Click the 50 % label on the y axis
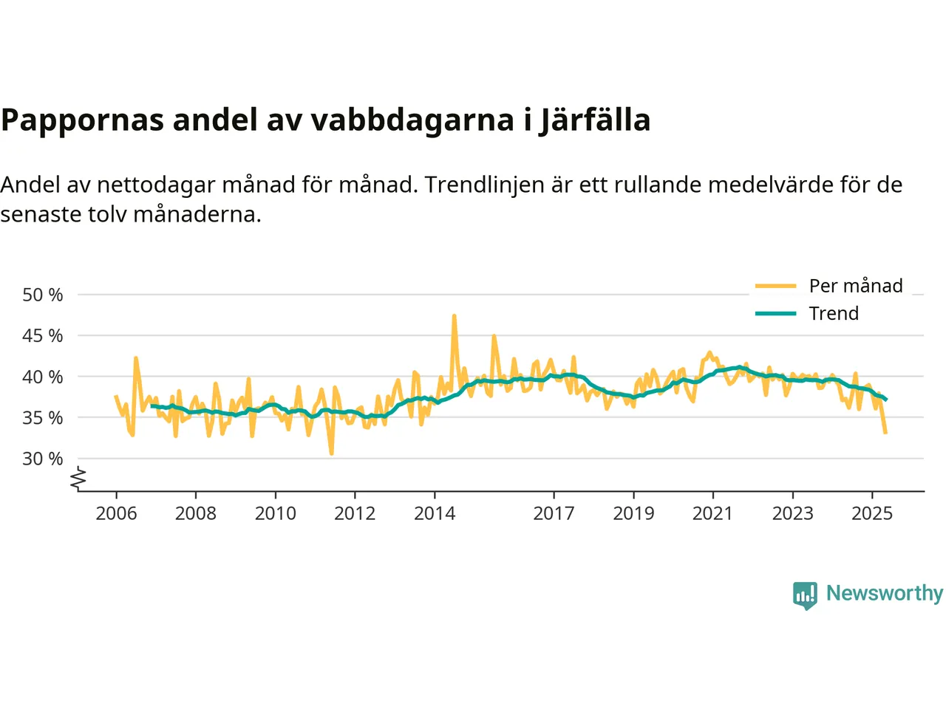(x=43, y=295)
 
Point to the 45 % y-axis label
(x=43, y=335)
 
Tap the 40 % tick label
(x=43, y=377)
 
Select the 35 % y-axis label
(x=43, y=417)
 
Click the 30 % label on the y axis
(x=43, y=459)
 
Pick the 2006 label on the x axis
(x=116, y=513)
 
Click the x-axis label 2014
(x=435, y=513)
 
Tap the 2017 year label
(x=554, y=513)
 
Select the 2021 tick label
(x=712, y=513)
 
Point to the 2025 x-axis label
(x=872, y=513)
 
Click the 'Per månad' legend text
(x=856, y=286)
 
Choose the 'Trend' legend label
(x=834, y=313)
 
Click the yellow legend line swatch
(x=775, y=286)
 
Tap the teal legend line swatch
(x=775, y=313)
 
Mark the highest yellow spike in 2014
(x=454, y=316)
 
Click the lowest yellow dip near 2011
(x=331, y=453)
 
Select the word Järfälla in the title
(x=595, y=120)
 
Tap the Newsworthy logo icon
(x=805, y=595)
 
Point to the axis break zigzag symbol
(x=78, y=479)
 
